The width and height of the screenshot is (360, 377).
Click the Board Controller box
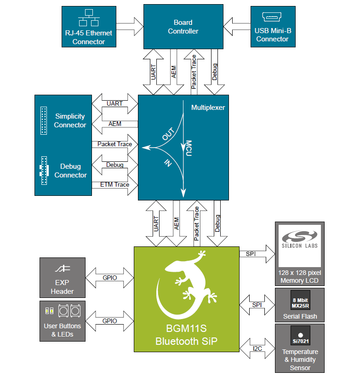(183, 27)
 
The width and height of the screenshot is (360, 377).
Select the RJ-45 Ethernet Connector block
(89, 27)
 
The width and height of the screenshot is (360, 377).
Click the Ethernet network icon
(89, 18)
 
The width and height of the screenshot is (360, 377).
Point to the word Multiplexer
(208, 107)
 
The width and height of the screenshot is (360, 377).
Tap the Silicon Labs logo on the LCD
(299, 242)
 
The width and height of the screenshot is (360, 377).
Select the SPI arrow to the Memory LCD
(257, 254)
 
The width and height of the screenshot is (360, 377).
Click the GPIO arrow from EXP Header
(110, 278)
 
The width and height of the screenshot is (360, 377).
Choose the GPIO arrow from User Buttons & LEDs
(110, 320)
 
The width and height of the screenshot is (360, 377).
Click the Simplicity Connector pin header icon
(44, 120)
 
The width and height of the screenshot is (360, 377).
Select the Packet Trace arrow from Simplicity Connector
(115, 144)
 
